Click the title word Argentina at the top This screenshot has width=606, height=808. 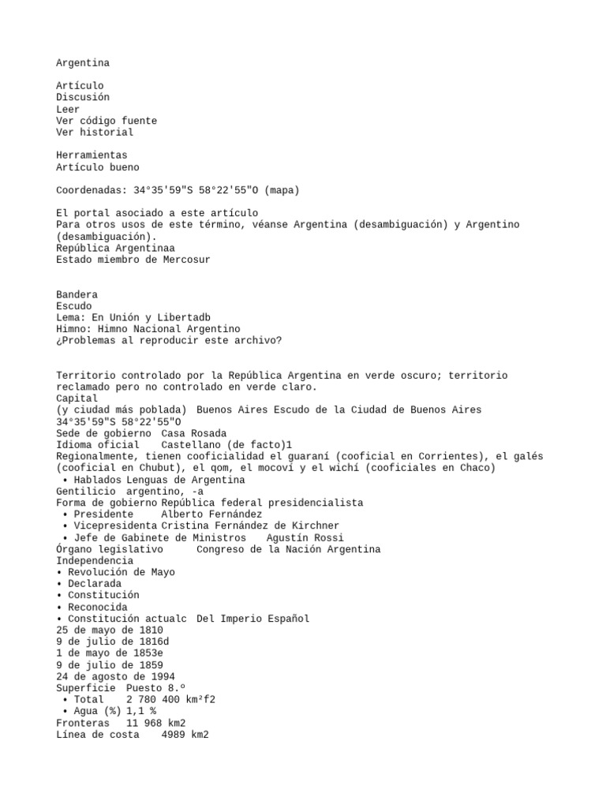[83, 62]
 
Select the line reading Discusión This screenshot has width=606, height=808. [83, 97]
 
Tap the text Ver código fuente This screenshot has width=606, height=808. [107, 121]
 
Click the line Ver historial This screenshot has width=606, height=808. [95, 133]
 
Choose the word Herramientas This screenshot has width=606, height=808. [92, 155]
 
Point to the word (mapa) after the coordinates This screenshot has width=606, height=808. [282, 190]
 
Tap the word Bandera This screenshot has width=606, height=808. [77, 294]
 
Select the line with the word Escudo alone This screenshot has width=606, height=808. [74, 306]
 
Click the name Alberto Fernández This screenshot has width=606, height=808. [211, 514]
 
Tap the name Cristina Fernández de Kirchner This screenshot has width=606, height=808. [250, 526]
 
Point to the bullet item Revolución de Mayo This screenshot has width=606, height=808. [121, 572]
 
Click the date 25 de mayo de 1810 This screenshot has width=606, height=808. [110, 630]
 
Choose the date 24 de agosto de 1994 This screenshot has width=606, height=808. [115, 677]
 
